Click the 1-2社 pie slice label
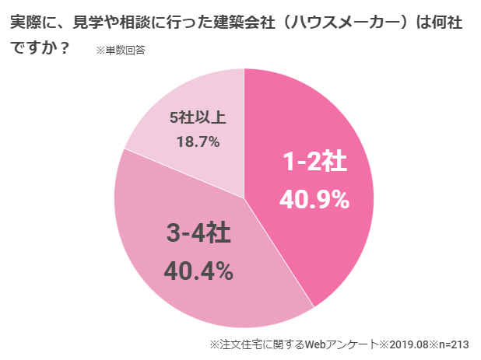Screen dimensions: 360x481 pos(314,163)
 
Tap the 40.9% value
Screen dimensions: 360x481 pos(314,200)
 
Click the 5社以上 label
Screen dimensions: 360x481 pos(198,118)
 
